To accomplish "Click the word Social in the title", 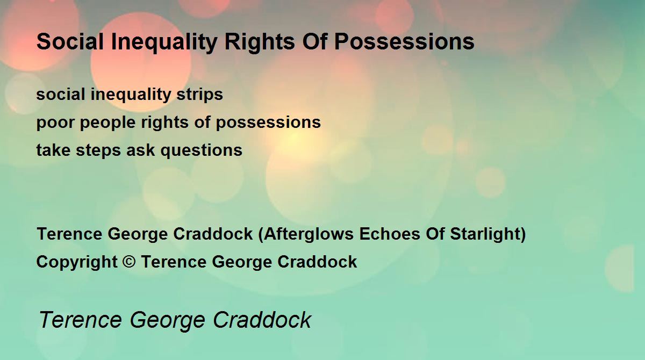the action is pos(70,41).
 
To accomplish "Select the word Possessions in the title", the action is pos(404,41).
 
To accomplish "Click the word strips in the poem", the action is pos(199,95).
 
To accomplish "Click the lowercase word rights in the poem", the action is pos(164,123).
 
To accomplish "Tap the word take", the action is pos(53,150).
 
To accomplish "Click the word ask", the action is pos(140,150).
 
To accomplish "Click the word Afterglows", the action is pos(309,234).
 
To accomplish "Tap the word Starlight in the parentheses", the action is pos(485,234).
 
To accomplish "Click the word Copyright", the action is pos(77,262).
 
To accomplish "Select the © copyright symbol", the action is pos(128,262).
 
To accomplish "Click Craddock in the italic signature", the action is pos(262,320).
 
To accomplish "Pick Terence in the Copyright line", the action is pos(174,262).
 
